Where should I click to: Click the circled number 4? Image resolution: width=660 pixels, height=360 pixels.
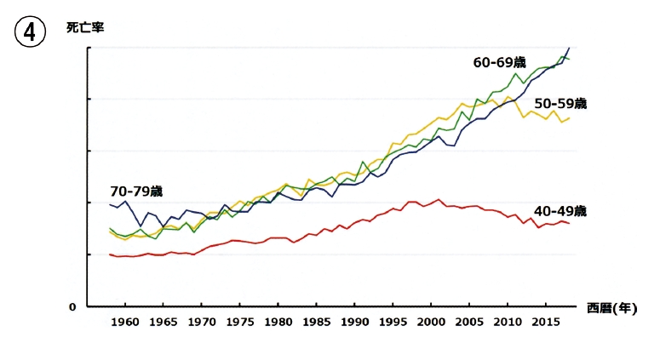tap(30, 32)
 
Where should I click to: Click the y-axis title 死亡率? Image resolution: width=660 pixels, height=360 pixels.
tap(85, 28)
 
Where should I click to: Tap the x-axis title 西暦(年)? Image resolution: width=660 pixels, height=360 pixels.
tap(612, 308)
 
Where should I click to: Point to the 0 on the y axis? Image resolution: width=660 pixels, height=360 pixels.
tap(72, 307)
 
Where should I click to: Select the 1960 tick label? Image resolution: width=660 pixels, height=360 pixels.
tap(125, 323)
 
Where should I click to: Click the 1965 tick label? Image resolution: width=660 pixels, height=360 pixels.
tap(164, 323)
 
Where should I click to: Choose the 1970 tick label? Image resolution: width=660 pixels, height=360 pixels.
tap(202, 323)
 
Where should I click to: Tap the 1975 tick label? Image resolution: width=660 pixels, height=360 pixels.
tap(240, 323)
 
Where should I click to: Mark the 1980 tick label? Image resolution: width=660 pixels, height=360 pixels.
tap(278, 323)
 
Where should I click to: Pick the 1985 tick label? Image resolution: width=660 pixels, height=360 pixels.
tap(317, 323)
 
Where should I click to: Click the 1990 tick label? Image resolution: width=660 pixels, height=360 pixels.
tap(355, 323)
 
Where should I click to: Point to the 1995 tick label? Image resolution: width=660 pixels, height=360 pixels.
tap(393, 323)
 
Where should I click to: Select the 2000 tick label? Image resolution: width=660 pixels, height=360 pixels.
tap(431, 323)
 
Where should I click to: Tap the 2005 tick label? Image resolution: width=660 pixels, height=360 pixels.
tap(469, 323)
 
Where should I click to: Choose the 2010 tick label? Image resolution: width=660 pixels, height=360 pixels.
tap(508, 323)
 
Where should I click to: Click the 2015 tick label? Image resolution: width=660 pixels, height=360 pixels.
tap(546, 323)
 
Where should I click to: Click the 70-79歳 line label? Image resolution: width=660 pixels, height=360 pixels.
tap(136, 191)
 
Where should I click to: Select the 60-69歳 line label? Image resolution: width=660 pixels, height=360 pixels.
tap(500, 63)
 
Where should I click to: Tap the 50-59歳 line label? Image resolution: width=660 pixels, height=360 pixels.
tap(560, 104)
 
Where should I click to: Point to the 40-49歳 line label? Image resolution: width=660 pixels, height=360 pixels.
tap(560, 211)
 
